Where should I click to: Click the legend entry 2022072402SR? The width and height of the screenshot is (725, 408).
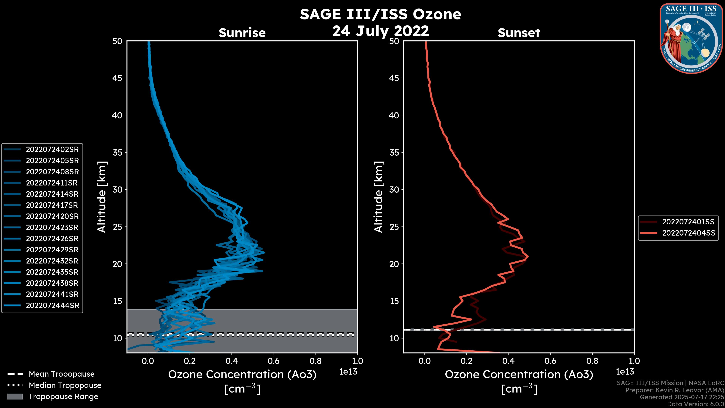[x=52, y=150]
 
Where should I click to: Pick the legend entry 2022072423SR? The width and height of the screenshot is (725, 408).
[x=52, y=227]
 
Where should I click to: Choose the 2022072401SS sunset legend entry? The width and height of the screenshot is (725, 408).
[x=688, y=222]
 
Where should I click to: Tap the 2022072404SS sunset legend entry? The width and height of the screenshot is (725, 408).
[x=688, y=233]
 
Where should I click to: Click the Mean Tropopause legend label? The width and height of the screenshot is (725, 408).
[x=62, y=374]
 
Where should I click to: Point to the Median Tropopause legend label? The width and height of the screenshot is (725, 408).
[x=65, y=386]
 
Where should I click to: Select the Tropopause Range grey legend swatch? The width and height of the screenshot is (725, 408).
[x=15, y=397]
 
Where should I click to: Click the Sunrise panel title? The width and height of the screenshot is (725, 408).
[x=242, y=33]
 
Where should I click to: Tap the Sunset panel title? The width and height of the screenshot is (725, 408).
[x=519, y=33]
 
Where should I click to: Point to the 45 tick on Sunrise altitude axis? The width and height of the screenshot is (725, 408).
[x=117, y=78]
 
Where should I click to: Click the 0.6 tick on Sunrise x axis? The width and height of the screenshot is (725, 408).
[x=274, y=361]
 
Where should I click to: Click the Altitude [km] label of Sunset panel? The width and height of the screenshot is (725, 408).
[x=379, y=197]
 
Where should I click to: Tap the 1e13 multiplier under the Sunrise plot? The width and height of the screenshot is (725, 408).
[x=348, y=372]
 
